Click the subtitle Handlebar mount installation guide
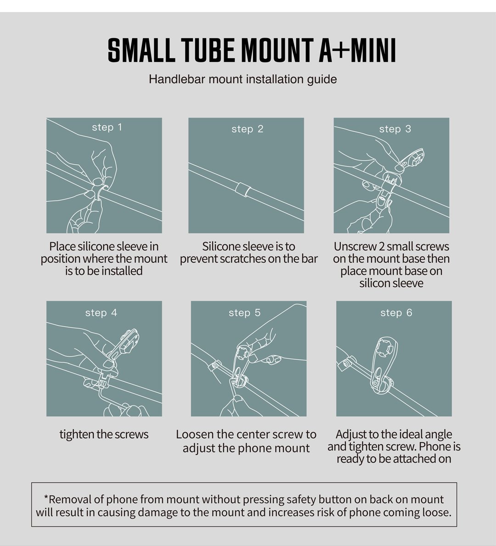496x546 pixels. pos(242,79)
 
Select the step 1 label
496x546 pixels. pos(107,127)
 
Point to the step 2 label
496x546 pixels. pos(248,129)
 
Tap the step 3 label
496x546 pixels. pos(395,129)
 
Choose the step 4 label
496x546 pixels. pos(101,313)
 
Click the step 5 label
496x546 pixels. pos(245,313)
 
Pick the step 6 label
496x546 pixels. pos(396,313)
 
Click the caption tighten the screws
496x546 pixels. pos(104,434)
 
